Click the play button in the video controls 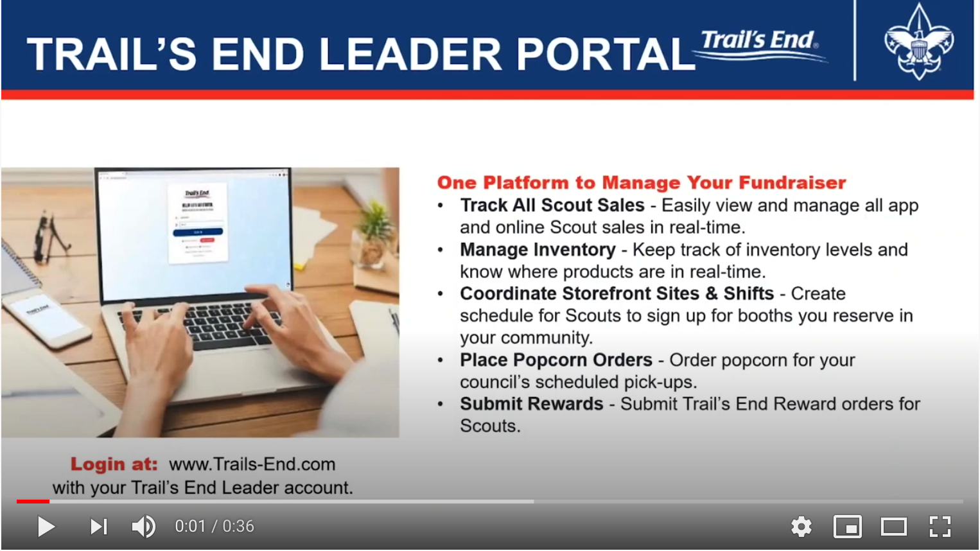pyautogui.click(x=46, y=527)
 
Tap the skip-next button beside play pyautogui.click(x=99, y=527)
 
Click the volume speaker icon pyautogui.click(x=143, y=527)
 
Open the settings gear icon pyautogui.click(x=801, y=526)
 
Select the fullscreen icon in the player pyautogui.click(x=940, y=526)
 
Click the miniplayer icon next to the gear pyautogui.click(x=848, y=527)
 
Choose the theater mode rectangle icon pyautogui.click(x=894, y=527)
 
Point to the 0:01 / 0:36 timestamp pyautogui.click(x=214, y=526)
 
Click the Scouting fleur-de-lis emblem pyautogui.click(x=919, y=42)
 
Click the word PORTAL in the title pyautogui.click(x=606, y=55)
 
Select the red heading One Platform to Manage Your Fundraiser pyautogui.click(x=642, y=182)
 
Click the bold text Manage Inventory pyautogui.click(x=538, y=250)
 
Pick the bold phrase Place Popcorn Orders pyautogui.click(x=556, y=360)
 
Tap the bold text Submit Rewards pyautogui.click(x=532, y=404)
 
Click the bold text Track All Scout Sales pyautogui.click(x=552, y=206)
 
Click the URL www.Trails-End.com pyautogui.click(x=252, y=464)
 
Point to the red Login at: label pyautogui.click(x=114, y=464)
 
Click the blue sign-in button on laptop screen pyautogui.click(x=198, y=232)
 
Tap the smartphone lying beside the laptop pyautogui.click(x=49, y=319)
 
